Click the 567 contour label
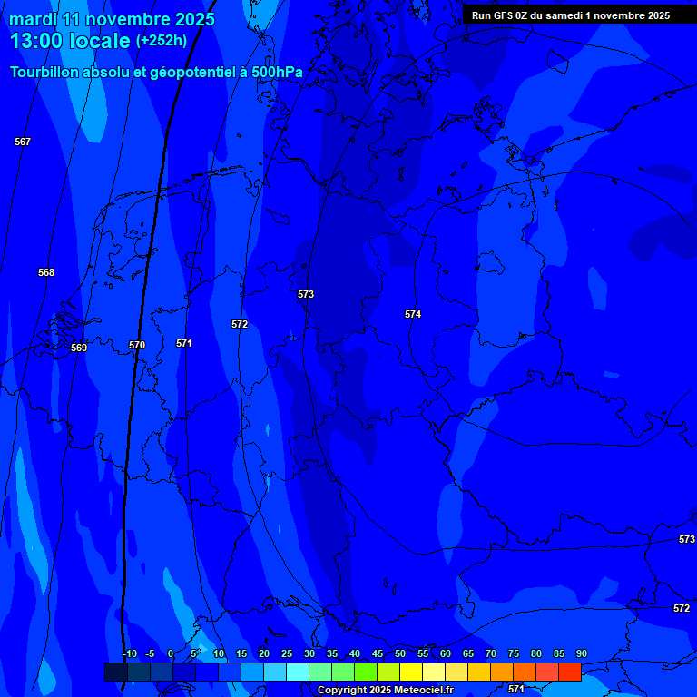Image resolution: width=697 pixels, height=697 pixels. pyautogui.click(x=23, y=142)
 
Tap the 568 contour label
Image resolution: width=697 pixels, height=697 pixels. pyautogui.click(x=46, y=272)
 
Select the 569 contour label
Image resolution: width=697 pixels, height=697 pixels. pyautogui.click(x=79, y=348)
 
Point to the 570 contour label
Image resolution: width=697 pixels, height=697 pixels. pyautogui.click(x=137, y=345)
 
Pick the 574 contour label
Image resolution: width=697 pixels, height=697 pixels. pyautogui.click(x=413, y=314)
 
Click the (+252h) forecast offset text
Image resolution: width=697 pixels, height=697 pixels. pyautogui.click(x=162, y=41)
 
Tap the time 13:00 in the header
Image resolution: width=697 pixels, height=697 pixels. pyautogui.click(x=35, y=41)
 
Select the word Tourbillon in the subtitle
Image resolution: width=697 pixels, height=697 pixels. pyautogui.click(x=44, y=72)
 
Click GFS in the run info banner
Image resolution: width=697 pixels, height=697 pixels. pyautogui.click(x=505, y=15)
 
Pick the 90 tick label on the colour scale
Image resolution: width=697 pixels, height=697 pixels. pyautogui.click(x=582, y=654)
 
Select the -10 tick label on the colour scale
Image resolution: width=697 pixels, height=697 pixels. pyautogui.click(x=129, y=654)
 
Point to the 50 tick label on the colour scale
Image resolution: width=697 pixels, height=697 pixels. pyautogui.click(x=400, y=654)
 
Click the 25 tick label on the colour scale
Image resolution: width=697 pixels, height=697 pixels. pyautogui.click(x=287, y=654)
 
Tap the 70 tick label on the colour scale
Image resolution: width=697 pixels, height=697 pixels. pyautogui.click(x=491, y=654)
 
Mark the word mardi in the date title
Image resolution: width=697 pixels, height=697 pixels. pyautogui.click(x=33, y=19)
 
